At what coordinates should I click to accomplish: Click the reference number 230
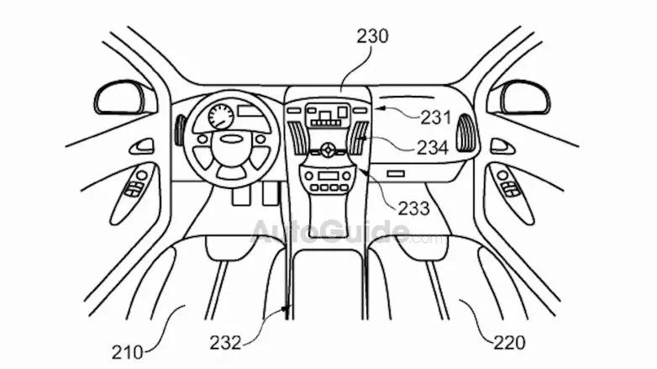(372, 36)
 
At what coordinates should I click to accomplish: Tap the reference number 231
(436, 118)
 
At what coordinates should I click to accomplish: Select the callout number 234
(433, 147)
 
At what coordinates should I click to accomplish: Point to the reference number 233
(414, 208)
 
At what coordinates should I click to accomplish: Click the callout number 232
(226, 343)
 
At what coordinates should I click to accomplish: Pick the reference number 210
(128, 352)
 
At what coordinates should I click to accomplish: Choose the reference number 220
(509, 343)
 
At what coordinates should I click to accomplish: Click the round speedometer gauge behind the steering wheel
(221, 117)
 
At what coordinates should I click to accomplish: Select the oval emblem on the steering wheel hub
(231, 139)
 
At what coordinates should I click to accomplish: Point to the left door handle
(142, 146)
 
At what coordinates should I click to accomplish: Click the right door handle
(502, 146)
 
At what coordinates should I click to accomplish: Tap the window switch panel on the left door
(135, 188)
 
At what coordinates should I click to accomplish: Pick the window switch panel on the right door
(510, 188)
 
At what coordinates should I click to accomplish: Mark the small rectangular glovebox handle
(396, 173)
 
